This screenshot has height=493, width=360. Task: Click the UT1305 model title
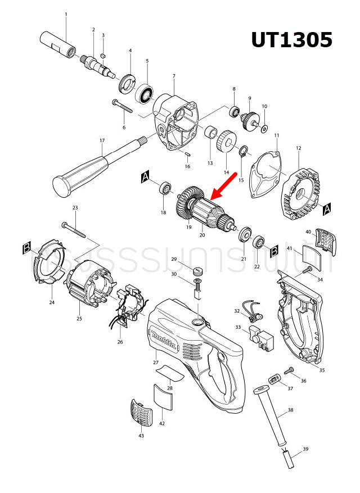(x=291, y=40)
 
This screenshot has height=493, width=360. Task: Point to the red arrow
(x=223, y=186)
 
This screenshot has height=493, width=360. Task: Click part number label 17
(x=102, y=141)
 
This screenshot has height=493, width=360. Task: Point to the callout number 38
(x=290, y=410)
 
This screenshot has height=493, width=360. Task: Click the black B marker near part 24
(x=26, y=248)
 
